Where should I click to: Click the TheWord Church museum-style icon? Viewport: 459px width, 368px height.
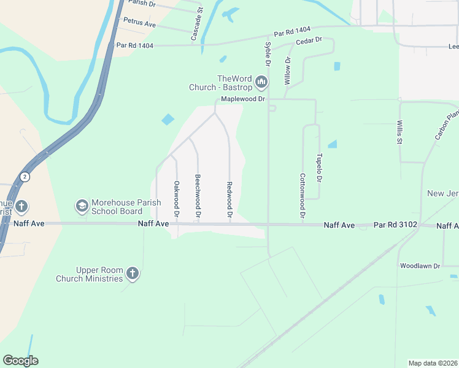(262, 82)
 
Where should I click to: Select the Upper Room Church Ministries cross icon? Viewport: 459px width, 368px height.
(133, 274)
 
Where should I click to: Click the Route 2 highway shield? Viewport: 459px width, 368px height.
(25, 176)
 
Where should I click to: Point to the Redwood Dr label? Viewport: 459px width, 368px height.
(229, 200)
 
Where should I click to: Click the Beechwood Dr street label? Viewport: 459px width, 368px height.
(198, 196)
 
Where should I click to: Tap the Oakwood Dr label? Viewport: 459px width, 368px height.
(176, 199)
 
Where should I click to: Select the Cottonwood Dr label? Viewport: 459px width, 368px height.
(303, 195)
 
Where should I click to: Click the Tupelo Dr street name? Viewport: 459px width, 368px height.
(319, 167)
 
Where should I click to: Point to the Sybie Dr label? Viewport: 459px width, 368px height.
(268, 54)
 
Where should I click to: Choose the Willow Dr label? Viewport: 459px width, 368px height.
(287, 70)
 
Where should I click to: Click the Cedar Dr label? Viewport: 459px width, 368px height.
(309, 40)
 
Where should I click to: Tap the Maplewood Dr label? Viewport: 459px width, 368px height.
(244, 99)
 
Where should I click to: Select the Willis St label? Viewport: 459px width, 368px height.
(399, 132)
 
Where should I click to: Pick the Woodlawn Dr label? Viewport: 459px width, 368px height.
(420, 266)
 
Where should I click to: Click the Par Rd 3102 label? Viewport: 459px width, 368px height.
(395, 225)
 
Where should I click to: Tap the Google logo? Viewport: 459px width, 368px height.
(20, 361)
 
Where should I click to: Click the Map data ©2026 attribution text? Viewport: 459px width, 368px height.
(433, 362)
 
